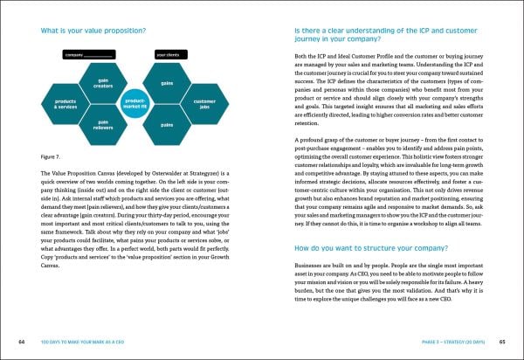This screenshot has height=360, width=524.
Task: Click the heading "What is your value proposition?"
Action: [95, 32]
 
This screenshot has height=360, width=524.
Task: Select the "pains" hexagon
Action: [167, 127]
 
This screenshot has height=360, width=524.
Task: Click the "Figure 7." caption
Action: [52, 156]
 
